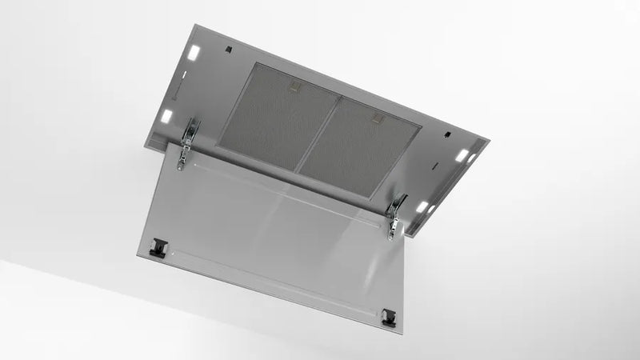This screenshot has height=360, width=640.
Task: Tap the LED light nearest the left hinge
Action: [x=167, y=117]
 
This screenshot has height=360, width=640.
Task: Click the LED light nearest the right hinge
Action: [x=421, y=206]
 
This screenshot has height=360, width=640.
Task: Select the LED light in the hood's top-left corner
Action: [x=193, y=52]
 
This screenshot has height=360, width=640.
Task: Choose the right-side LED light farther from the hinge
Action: [x=463, y=154]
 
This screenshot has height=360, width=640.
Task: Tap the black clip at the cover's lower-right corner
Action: [x=388, y=317]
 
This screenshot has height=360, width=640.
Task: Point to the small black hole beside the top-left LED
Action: [x=228, y=50]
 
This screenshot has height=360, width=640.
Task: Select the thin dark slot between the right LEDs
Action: [x=436, y=166]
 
